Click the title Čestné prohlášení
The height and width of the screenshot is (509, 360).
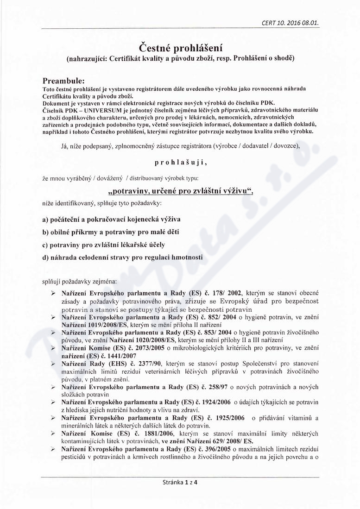click(x=180, y=48)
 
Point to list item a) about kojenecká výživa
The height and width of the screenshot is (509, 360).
click(x=111, y=218)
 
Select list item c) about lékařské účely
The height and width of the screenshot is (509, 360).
click(x=103, y=244)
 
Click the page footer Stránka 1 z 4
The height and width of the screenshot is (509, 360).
click(x=180, y=495)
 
